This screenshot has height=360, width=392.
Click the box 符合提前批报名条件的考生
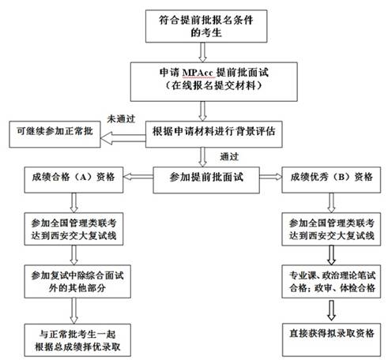(206, 26)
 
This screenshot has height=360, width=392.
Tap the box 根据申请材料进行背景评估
(214, 134)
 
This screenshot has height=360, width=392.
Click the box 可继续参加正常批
(55, 134)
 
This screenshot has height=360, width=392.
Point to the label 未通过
(121, 119)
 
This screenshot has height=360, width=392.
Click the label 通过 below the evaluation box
(229, 157)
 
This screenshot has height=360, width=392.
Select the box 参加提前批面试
(206, 180)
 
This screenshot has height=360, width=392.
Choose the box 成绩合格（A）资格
(73, 180)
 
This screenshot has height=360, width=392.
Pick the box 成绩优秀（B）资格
(331, 180)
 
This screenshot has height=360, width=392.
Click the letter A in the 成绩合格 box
(83, 177)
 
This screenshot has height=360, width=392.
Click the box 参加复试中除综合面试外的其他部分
(77, 282)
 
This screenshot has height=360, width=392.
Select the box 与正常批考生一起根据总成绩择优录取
(77, 340)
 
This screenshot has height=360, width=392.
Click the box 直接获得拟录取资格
(331, 339)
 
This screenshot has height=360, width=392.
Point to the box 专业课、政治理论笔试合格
(331, 282)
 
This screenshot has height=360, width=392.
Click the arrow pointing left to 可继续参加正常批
(123, 138)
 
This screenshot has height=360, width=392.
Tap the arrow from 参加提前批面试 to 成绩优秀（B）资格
(271, 177)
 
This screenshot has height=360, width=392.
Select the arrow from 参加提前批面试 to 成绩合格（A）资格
(138, 177)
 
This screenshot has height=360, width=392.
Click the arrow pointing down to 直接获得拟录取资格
(331, 310)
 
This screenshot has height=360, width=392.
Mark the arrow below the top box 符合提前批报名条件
(202, 52)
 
